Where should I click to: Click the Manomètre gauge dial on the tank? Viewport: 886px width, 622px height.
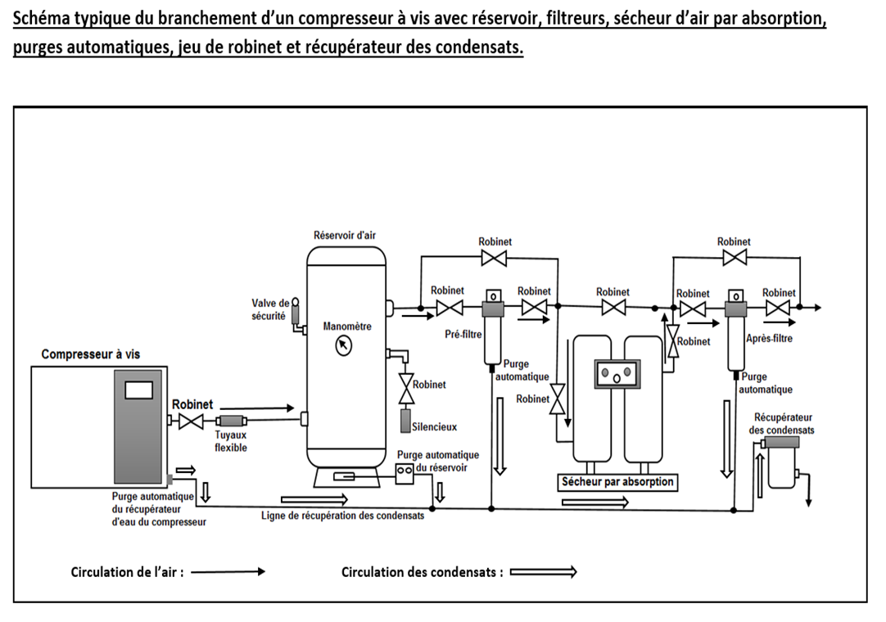(x=344, y=346)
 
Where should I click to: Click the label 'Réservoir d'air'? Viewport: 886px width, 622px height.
(x=346, y=235)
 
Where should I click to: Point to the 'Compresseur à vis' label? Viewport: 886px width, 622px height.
(x=91, y=354)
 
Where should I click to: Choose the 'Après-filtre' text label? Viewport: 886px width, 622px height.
(x=769, y=338)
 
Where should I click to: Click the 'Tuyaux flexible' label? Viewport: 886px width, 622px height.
(x=230, y=442)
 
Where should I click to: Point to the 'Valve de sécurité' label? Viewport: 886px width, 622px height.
(x=270, y=309)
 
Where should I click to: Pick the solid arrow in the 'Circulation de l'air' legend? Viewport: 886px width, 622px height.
(x=228, y=572)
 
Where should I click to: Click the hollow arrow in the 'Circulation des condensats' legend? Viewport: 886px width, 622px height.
(x=543, y=572)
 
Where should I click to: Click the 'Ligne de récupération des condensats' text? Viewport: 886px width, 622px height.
(x=343, y=516)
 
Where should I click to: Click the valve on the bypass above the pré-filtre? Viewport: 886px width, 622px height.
(x=495, y=259)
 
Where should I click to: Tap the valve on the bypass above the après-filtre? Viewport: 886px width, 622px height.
(x=733, y=259)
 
